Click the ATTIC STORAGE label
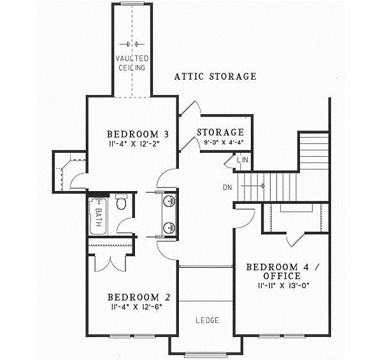click(x=215, y=76)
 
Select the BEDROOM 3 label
click(x=138, y=134)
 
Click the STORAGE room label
click(x=220, y=132)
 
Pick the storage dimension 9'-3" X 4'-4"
click(x=220, y=142)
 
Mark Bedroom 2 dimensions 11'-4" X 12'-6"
click(x=138, y=307)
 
